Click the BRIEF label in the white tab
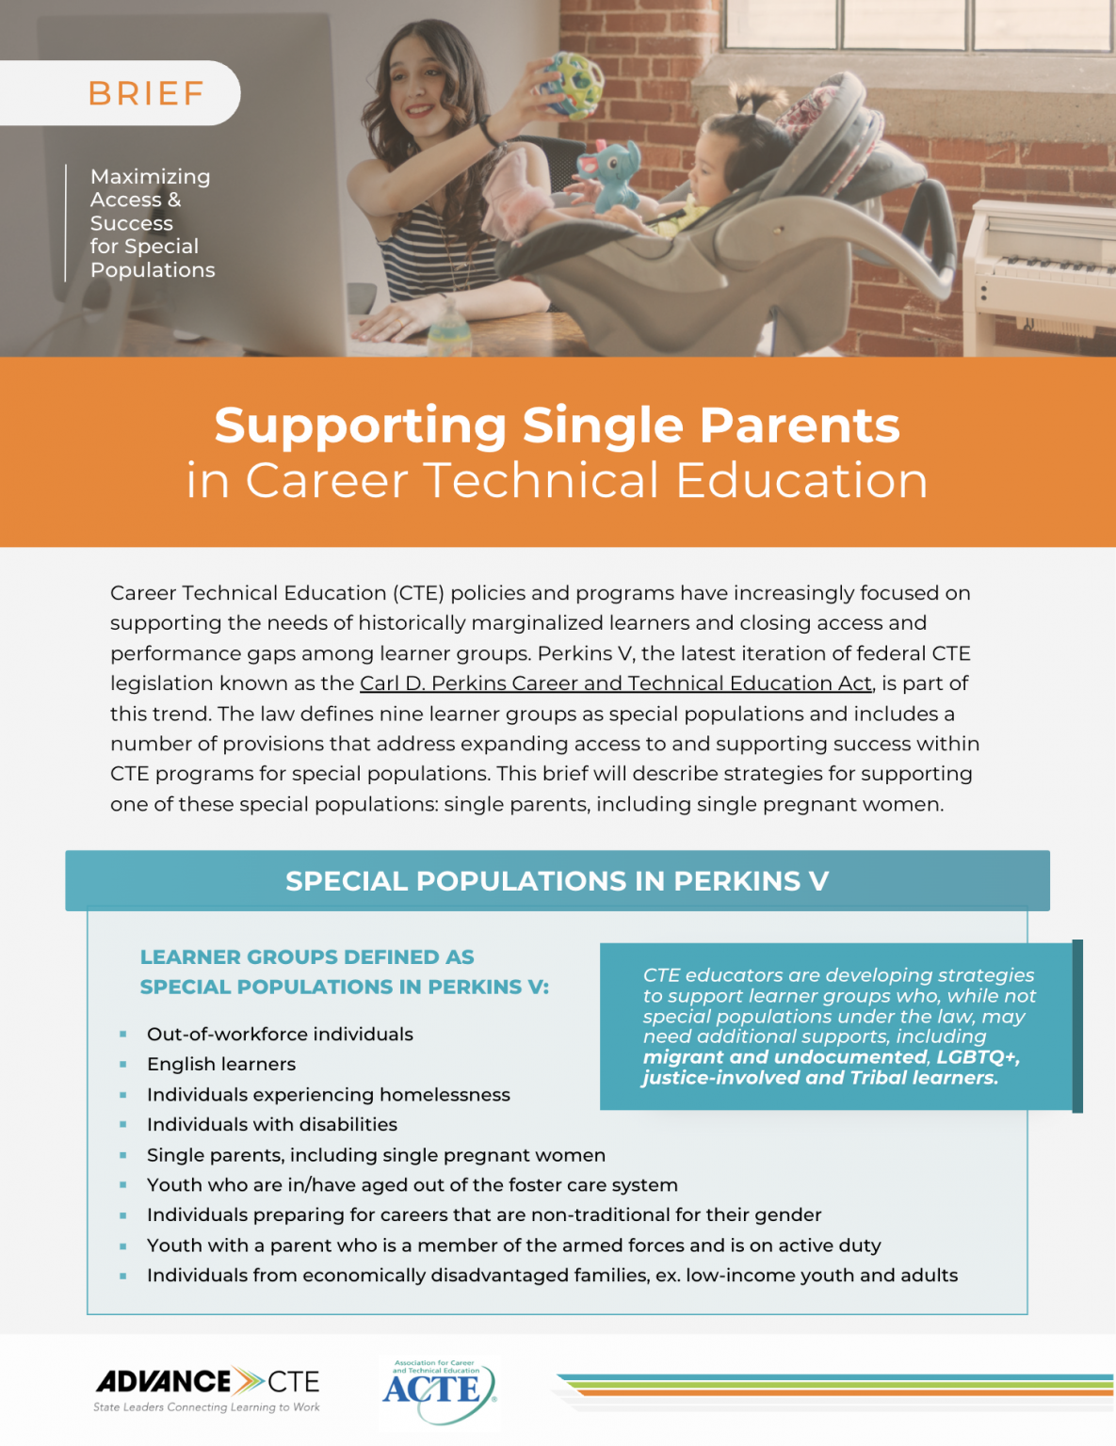pyautogui.click(x=146, y=94)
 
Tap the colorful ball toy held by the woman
pyautogui.click(x=573, y=84)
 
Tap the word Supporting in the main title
pyautogui.click(x=361, y=425)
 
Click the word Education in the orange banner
pyautogui.click(x=801, y=480)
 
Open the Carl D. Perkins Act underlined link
pyautogui.click(x=616, y=683)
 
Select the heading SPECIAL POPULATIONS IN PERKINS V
pyautogui.click(x=557, y=881)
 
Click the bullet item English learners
pyautogui.click(x=221, y=1064)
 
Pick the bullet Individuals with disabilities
pyautogui.click(x=272, y=1124)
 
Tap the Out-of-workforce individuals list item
pyautogui.click(x=280, y=1034)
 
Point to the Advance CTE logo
pyautogui.click(x=207, y=1388)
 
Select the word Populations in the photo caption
pyautogui.click(x=153, y=270)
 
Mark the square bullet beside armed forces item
pyautogui.click(x=123, y=1246)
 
